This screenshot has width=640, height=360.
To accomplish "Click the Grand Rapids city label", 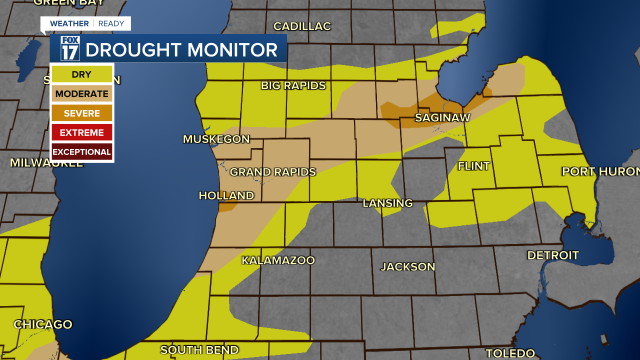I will click(272, 172).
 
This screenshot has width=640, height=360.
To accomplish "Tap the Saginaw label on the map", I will click(443, 117).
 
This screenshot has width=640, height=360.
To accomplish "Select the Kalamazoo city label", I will click(278, 260).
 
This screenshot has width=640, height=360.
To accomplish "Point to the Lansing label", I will click(387, 203).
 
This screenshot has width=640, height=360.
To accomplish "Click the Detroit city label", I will click(553, 255).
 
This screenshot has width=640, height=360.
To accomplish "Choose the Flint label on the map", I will click(473, 166).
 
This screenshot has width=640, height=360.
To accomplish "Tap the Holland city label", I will click(226, 195).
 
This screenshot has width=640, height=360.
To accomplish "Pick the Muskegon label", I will click(216, 139).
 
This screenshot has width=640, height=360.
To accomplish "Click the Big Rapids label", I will click(293, 85).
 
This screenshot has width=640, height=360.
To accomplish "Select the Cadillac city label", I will click(302, 26).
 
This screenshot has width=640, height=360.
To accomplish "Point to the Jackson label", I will click(408, 266).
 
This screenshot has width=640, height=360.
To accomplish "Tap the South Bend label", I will click(199, 349).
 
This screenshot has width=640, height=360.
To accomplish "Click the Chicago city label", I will click(43, 324).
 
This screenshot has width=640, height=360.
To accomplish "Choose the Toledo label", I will click(510, 353).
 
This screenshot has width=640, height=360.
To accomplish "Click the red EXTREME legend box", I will click(82, 132).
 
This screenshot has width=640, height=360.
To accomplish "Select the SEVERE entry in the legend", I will click(82, 113).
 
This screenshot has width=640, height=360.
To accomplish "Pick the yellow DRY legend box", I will click(82, 74).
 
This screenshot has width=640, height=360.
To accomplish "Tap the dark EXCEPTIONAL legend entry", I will click(82, 151).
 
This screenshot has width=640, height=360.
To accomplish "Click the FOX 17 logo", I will click(70, 48).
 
